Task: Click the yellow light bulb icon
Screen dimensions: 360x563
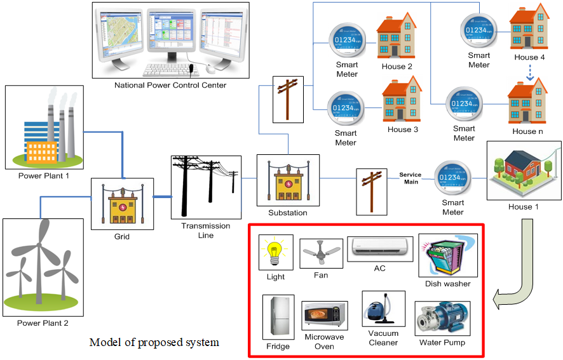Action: (275, 253)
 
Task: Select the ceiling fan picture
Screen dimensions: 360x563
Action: (322, 253)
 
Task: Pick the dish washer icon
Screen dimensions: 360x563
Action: (448, 256)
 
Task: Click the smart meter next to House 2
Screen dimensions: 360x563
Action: (347, 39)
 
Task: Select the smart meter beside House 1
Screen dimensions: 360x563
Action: (453, 176)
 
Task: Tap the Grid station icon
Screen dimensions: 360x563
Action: (122, 204)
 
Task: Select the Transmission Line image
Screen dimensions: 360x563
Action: (206, 187)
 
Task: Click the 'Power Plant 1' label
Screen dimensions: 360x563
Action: (44, 176)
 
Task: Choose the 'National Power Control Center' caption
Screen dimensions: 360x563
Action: (170, 85)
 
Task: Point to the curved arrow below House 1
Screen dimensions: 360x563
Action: (518, 273)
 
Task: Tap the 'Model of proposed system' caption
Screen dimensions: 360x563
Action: (154, 343)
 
